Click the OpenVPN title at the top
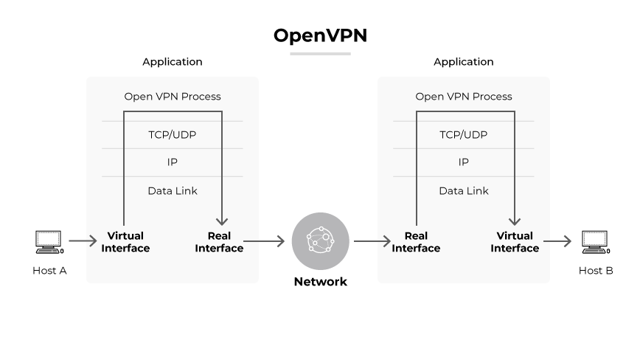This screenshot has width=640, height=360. point(320,35)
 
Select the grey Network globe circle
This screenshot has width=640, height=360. point(320,240)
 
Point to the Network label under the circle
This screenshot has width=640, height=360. point(320,282)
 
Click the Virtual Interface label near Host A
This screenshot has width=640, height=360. point(125,242)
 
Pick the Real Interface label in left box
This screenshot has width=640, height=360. point(219,242)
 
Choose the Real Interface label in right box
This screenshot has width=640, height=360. point(416,242)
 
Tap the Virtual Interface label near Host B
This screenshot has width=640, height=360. point(515,242)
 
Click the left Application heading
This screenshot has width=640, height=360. point(173,62)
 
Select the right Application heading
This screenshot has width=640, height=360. point(464,62)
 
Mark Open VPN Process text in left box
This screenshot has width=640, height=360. point(173,97)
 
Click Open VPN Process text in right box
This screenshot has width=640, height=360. point(464,97)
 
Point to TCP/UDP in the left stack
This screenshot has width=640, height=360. point(173,135)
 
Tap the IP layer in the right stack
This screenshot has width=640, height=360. point(464,162)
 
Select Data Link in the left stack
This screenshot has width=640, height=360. point(173,191)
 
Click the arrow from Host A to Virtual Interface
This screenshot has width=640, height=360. point(83,240)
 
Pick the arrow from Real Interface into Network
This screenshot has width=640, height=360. point(264,240)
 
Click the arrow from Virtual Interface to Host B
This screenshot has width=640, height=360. point(557,240)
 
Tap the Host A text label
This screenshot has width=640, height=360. point(49,271)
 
